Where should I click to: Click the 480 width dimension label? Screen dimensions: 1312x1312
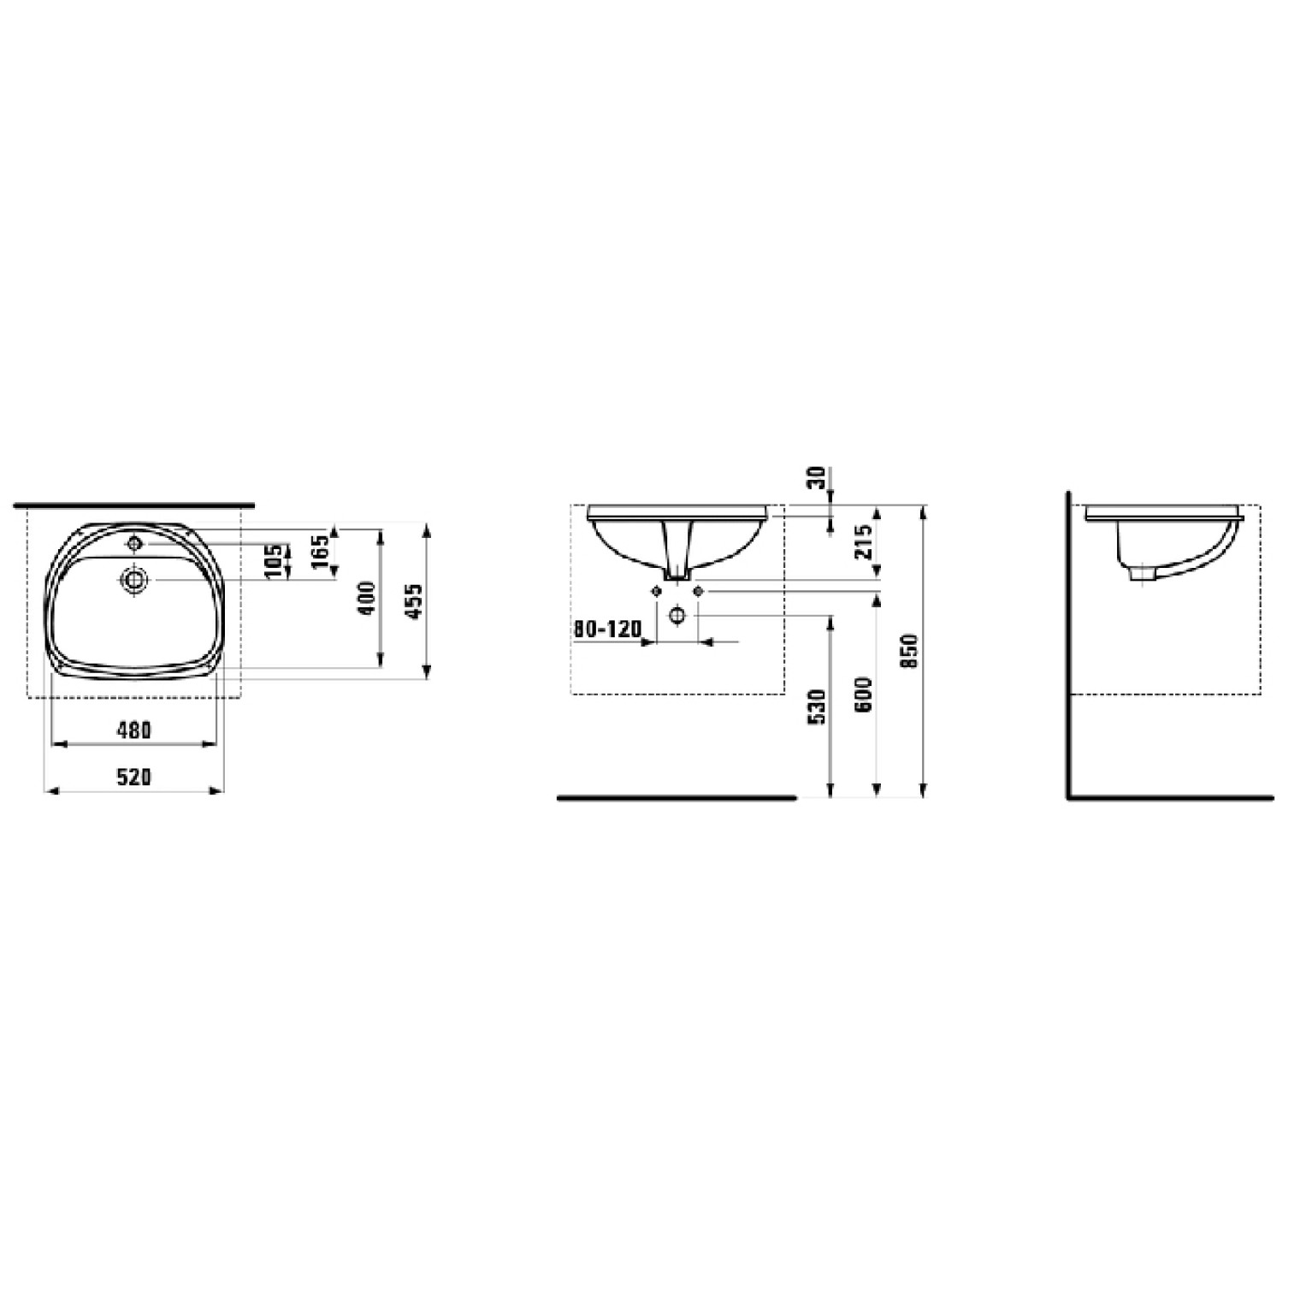(134, 730)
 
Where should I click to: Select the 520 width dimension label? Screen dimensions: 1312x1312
(134, 777)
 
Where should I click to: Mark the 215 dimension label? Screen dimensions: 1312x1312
(864, 541)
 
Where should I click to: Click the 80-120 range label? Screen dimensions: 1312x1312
(607, 629)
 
